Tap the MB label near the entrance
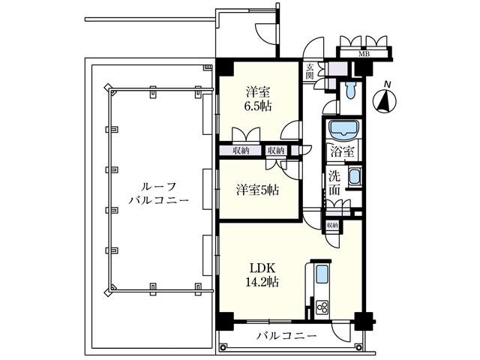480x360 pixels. tap(364, 54)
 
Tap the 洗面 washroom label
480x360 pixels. tap(334, 182)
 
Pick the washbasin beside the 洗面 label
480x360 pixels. tap(355, 181)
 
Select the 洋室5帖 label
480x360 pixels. tap(258, 190)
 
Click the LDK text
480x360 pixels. tap(259, 267)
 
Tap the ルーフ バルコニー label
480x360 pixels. tap(157, 193)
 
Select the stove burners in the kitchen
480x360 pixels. tap(322, 307)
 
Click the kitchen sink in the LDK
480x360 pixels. tap(320, 273)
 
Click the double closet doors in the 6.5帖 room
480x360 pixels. tap(246, 136)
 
